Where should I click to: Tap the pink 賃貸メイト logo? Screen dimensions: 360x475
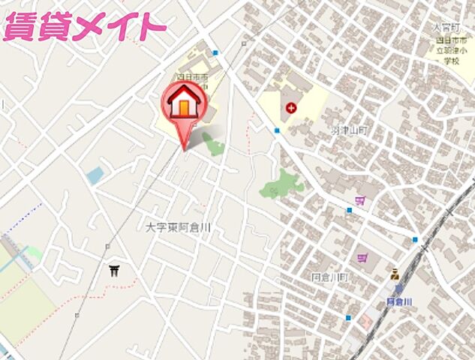pos(84,28)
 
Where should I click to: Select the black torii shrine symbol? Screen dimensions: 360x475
pos(114,270)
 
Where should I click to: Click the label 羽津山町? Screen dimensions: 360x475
pos(349,130)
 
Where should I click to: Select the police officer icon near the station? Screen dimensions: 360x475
pos(395,274)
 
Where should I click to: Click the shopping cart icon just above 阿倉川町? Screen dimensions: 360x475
pos(363,259)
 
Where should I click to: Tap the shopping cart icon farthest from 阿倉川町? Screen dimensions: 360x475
pos(360,200)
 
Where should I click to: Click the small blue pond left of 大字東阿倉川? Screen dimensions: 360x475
pos(95,176)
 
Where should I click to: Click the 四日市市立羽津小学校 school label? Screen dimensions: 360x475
pos(453,48)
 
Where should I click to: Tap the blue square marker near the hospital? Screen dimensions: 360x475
pos(277,130)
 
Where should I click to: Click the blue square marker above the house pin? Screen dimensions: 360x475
pos(215,53)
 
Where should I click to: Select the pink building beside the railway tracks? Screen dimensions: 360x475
pos(366,321)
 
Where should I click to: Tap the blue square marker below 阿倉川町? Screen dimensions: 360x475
pos(347,317)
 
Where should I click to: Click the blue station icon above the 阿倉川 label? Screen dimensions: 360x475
pos(398,289)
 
